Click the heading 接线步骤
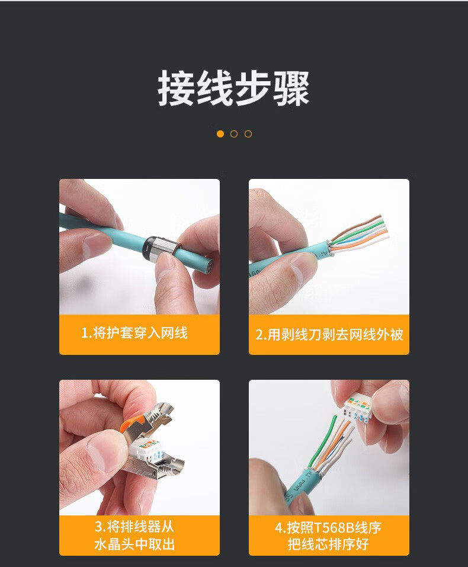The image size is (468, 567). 233,89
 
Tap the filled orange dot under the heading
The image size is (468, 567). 220,134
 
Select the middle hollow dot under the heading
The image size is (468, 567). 234,134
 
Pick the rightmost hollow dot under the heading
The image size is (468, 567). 248,134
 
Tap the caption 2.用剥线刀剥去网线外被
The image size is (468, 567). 329,335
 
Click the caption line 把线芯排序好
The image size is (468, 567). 328,544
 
